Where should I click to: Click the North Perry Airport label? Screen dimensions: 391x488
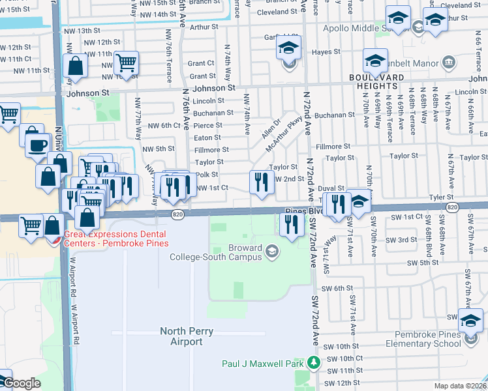click(x=187, y=336)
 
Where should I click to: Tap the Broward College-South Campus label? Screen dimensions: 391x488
click(x=216, y=252)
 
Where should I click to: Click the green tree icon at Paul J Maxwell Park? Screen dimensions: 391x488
click(x=314, y=362)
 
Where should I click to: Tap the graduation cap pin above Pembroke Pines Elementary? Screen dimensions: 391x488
click(x=470, y=321)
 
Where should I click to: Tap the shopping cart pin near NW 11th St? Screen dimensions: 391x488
click(x=126, y=64)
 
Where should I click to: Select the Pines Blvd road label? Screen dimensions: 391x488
click(x=305, y=212)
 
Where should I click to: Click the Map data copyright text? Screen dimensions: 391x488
click(x=461, y=386)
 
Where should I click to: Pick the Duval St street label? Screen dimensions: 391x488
click(x=331, y=188)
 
